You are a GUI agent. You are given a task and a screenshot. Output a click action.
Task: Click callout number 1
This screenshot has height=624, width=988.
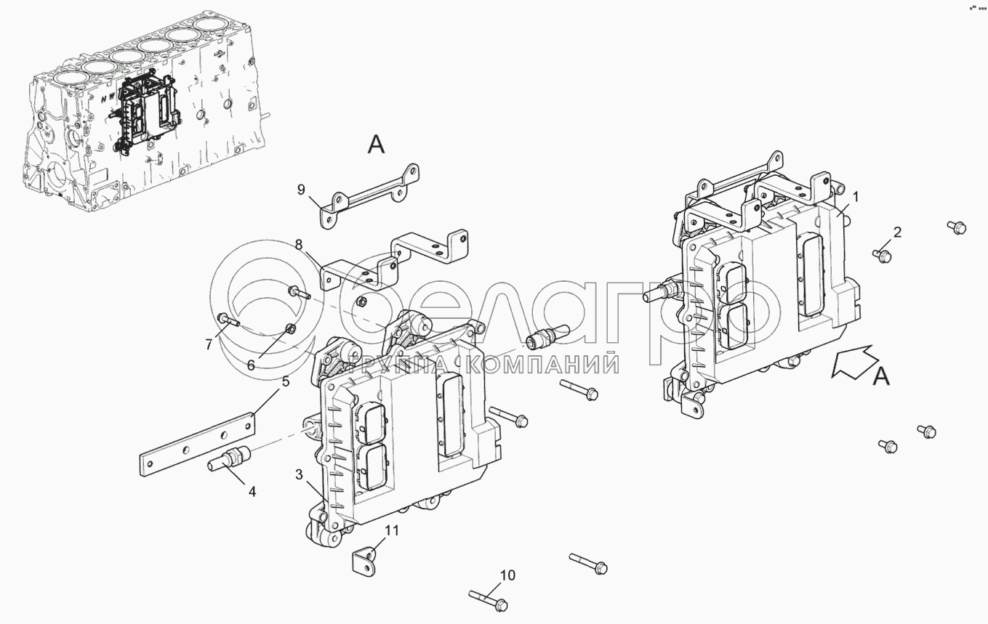[x=855, y=197]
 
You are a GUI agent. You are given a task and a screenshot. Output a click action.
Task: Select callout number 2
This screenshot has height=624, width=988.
[x=898, y=232]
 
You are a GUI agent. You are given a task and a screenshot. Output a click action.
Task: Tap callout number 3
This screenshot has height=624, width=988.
[x=300, y=474]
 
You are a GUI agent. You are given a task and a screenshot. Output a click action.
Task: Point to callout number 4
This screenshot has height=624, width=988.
[x=252, y=491]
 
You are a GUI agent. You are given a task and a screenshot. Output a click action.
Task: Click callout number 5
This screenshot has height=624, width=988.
[x=286, y=381]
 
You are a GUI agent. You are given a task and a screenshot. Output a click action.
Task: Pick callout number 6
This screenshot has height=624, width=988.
[x=251, y=365]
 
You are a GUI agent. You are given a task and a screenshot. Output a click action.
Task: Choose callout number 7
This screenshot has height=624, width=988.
[x=209, y=344]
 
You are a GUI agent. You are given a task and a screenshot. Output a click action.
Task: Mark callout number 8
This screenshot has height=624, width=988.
[x=299, y=245]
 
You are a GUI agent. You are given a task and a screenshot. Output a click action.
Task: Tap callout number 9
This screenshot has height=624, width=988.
[x=301, y=190]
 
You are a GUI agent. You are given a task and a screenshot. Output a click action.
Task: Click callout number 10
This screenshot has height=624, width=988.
[x=507, y=575]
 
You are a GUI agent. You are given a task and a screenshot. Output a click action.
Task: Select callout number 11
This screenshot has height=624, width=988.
[x=392, y=530]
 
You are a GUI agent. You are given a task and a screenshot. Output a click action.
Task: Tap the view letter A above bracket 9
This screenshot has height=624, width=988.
[x=377, y=145]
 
